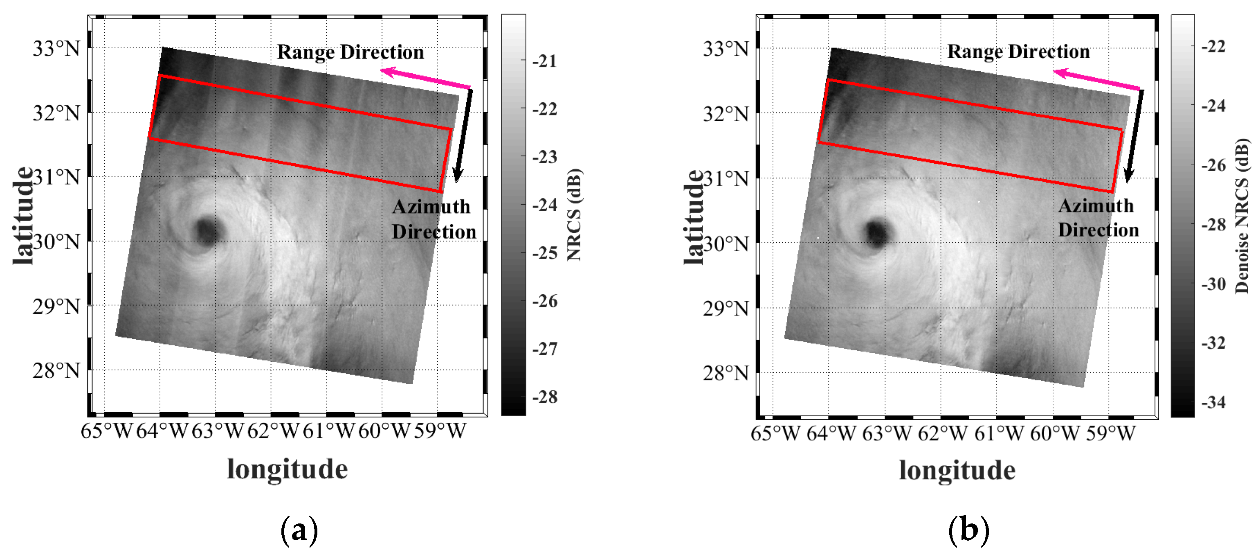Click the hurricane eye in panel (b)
tap(877, 232)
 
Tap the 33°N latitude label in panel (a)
tap(56, 48)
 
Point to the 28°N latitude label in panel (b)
tap(726, 373)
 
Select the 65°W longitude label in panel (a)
tap(106, 431)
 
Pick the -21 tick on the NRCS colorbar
tap(544, 61)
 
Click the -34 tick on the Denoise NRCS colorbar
tap(1213, 402)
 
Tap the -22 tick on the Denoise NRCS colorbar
tap(1213, 46)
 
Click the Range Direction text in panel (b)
tap(1018, 51)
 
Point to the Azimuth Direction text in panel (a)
tap(433, 219)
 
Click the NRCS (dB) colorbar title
tap(574, 215)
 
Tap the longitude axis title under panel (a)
tap(287, 469)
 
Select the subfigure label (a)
tap(299, 530)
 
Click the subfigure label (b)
tap(968, 530)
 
